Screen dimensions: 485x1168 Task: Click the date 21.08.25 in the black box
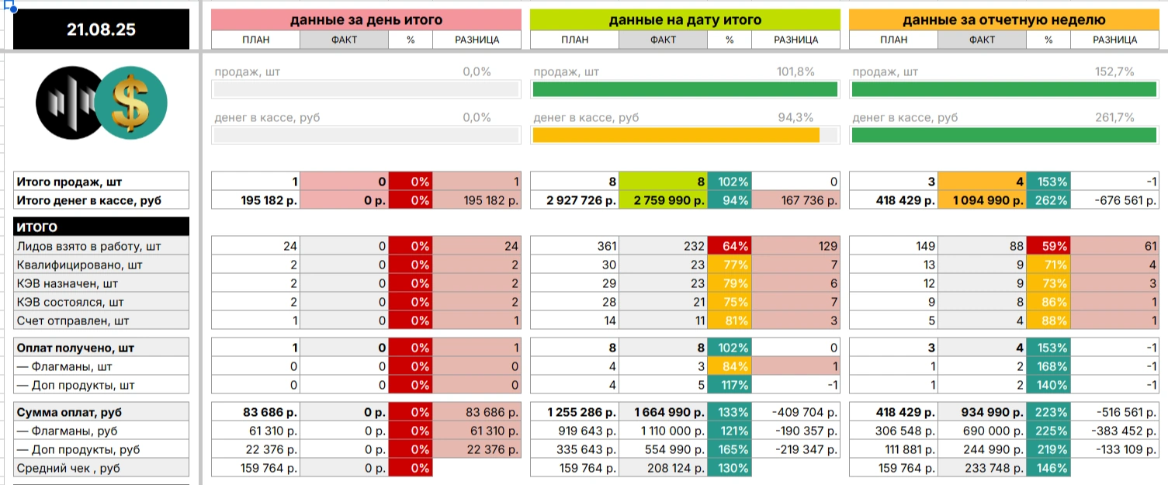(101, 30)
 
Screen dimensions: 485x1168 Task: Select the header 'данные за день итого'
(366, 20)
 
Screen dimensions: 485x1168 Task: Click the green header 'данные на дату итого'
(685, 20)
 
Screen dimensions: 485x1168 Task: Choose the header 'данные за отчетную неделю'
(1003, 20)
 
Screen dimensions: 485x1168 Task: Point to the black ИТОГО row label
(101, 227)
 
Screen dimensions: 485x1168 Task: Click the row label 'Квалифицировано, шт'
(101, 265)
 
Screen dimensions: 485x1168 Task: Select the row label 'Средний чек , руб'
(101, 468)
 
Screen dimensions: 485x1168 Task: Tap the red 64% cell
(730, 246)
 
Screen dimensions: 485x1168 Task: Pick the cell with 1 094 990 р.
(982, 200)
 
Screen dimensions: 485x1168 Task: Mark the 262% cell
(1048, 200)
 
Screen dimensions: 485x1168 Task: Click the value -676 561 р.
(1115, 200)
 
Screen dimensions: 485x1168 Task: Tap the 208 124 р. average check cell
(663, 468)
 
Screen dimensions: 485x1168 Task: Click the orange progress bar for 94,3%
(675, 135)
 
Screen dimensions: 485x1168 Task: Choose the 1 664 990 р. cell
(663, 412)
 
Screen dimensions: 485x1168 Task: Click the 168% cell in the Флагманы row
(1048, 366)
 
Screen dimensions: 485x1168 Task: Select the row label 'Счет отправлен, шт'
(101, 320)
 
